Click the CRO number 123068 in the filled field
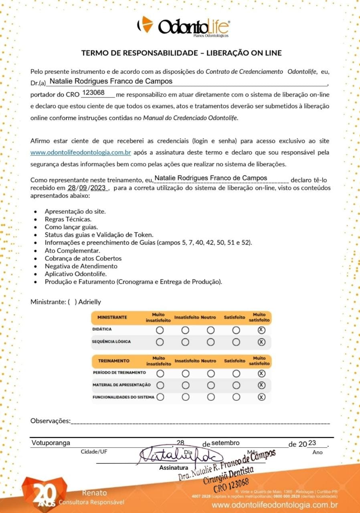(x=93, y=93)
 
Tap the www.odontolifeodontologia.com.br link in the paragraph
(x=81, y=152)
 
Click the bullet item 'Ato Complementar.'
(x=67, y=250)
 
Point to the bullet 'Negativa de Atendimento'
(x=81, y=266)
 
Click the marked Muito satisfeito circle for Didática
(x=261, y=330)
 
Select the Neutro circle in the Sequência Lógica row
(x=210, y=342)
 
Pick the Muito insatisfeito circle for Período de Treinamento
(x=160, y=374)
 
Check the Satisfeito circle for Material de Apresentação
(x=236, y=385)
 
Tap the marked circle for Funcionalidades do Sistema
(x=261, y=397)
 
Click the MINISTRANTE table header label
(x=112, y=317)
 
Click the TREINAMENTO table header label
(x=114, y=361)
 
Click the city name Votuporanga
(x=51, y=443)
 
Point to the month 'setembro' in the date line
(x=225, y=443)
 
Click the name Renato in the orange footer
(x=95, y=493)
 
